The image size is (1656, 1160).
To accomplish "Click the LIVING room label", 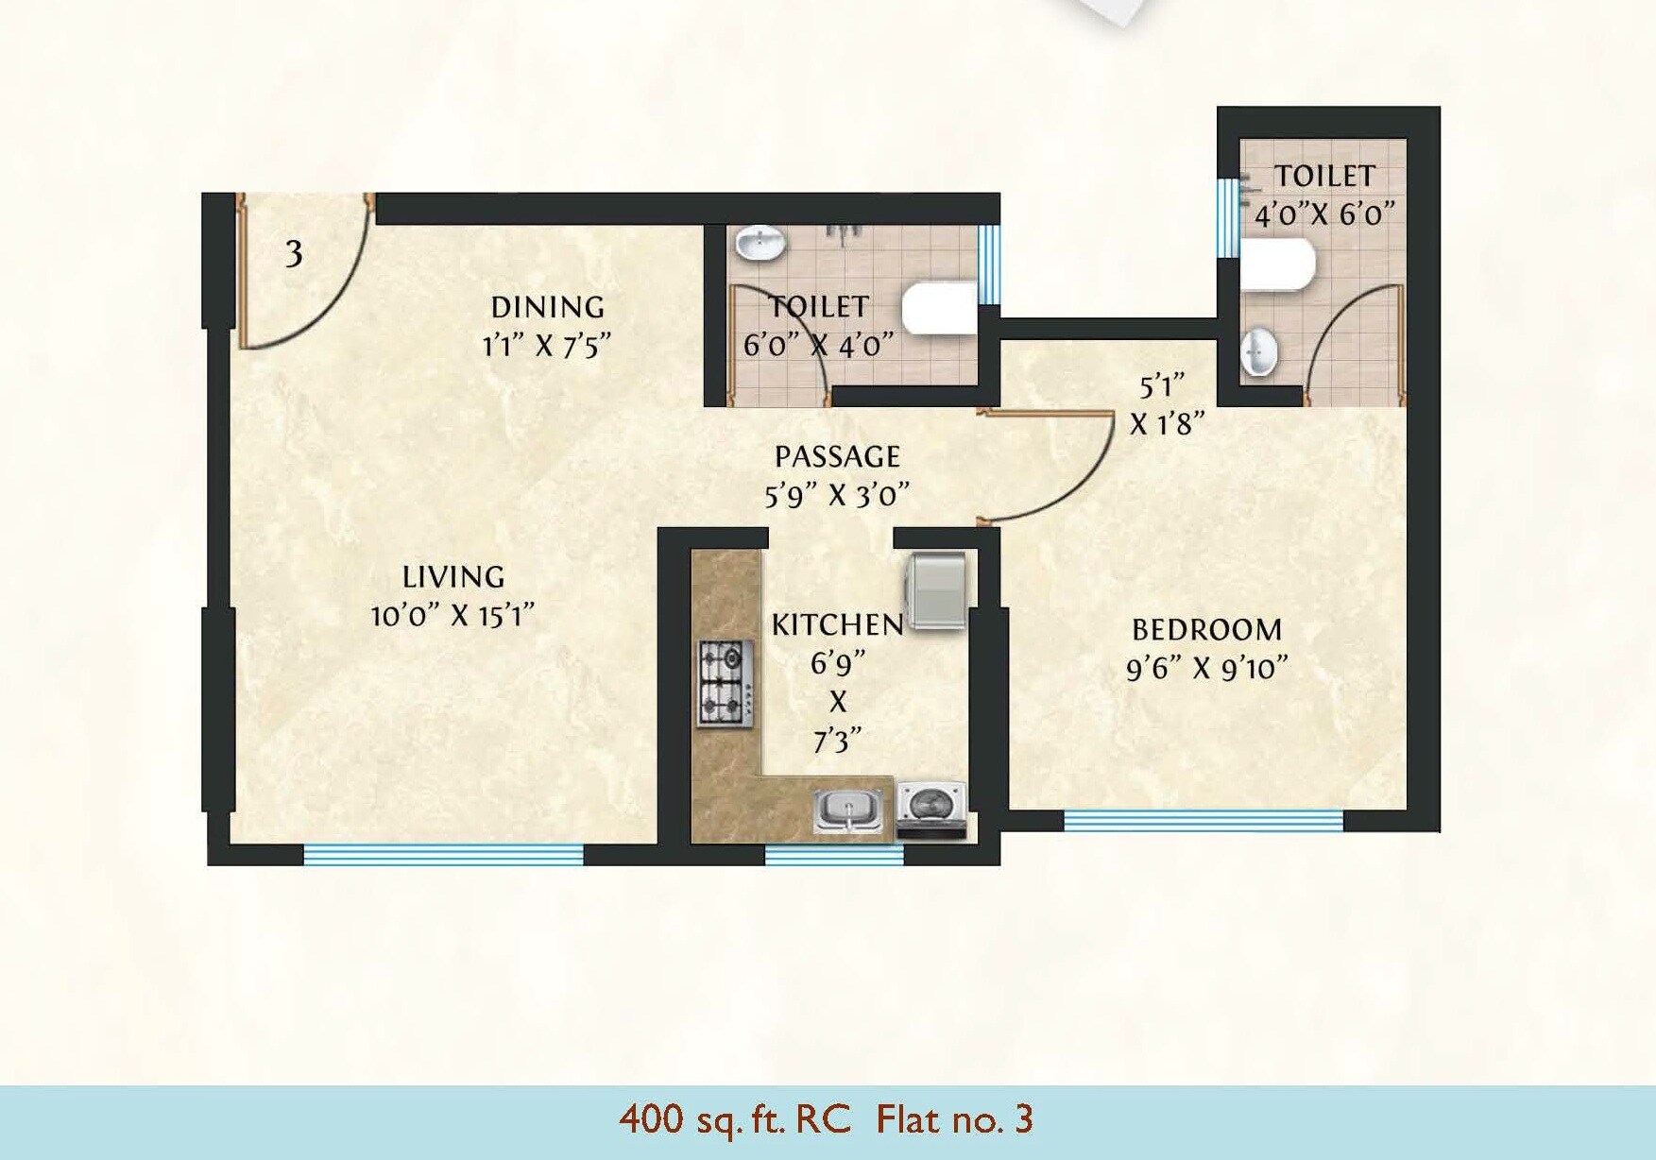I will (x=453, y=576).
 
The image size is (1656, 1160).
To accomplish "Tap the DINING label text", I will (x=547, y=307).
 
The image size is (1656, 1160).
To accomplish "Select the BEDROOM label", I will (x=1206, y=629).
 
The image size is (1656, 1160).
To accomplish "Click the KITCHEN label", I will (x=837, y=624).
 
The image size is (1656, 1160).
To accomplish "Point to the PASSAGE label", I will (x=837, y=457).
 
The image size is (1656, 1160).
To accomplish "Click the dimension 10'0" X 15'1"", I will (x=453, y=616).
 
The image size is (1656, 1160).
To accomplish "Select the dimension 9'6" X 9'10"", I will (x=1206, y=669).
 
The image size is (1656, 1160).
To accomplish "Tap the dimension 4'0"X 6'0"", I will (x=1323, y=214).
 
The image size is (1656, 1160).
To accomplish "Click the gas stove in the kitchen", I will (x=726, y=683).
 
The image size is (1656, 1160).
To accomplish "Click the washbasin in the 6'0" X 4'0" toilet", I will (x=760, y=243).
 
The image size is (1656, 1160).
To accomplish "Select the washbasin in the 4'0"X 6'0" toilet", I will (x=1258, y=352).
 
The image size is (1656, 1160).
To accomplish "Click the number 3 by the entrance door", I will (x=294, y=253).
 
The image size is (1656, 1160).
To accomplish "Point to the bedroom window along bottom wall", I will (x=1203, y=820).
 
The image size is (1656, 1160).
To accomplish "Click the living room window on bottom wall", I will (x=443, y=854).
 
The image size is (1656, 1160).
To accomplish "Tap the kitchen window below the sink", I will (x=833, y=855).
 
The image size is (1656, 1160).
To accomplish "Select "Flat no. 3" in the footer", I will (x=954, y=1119).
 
